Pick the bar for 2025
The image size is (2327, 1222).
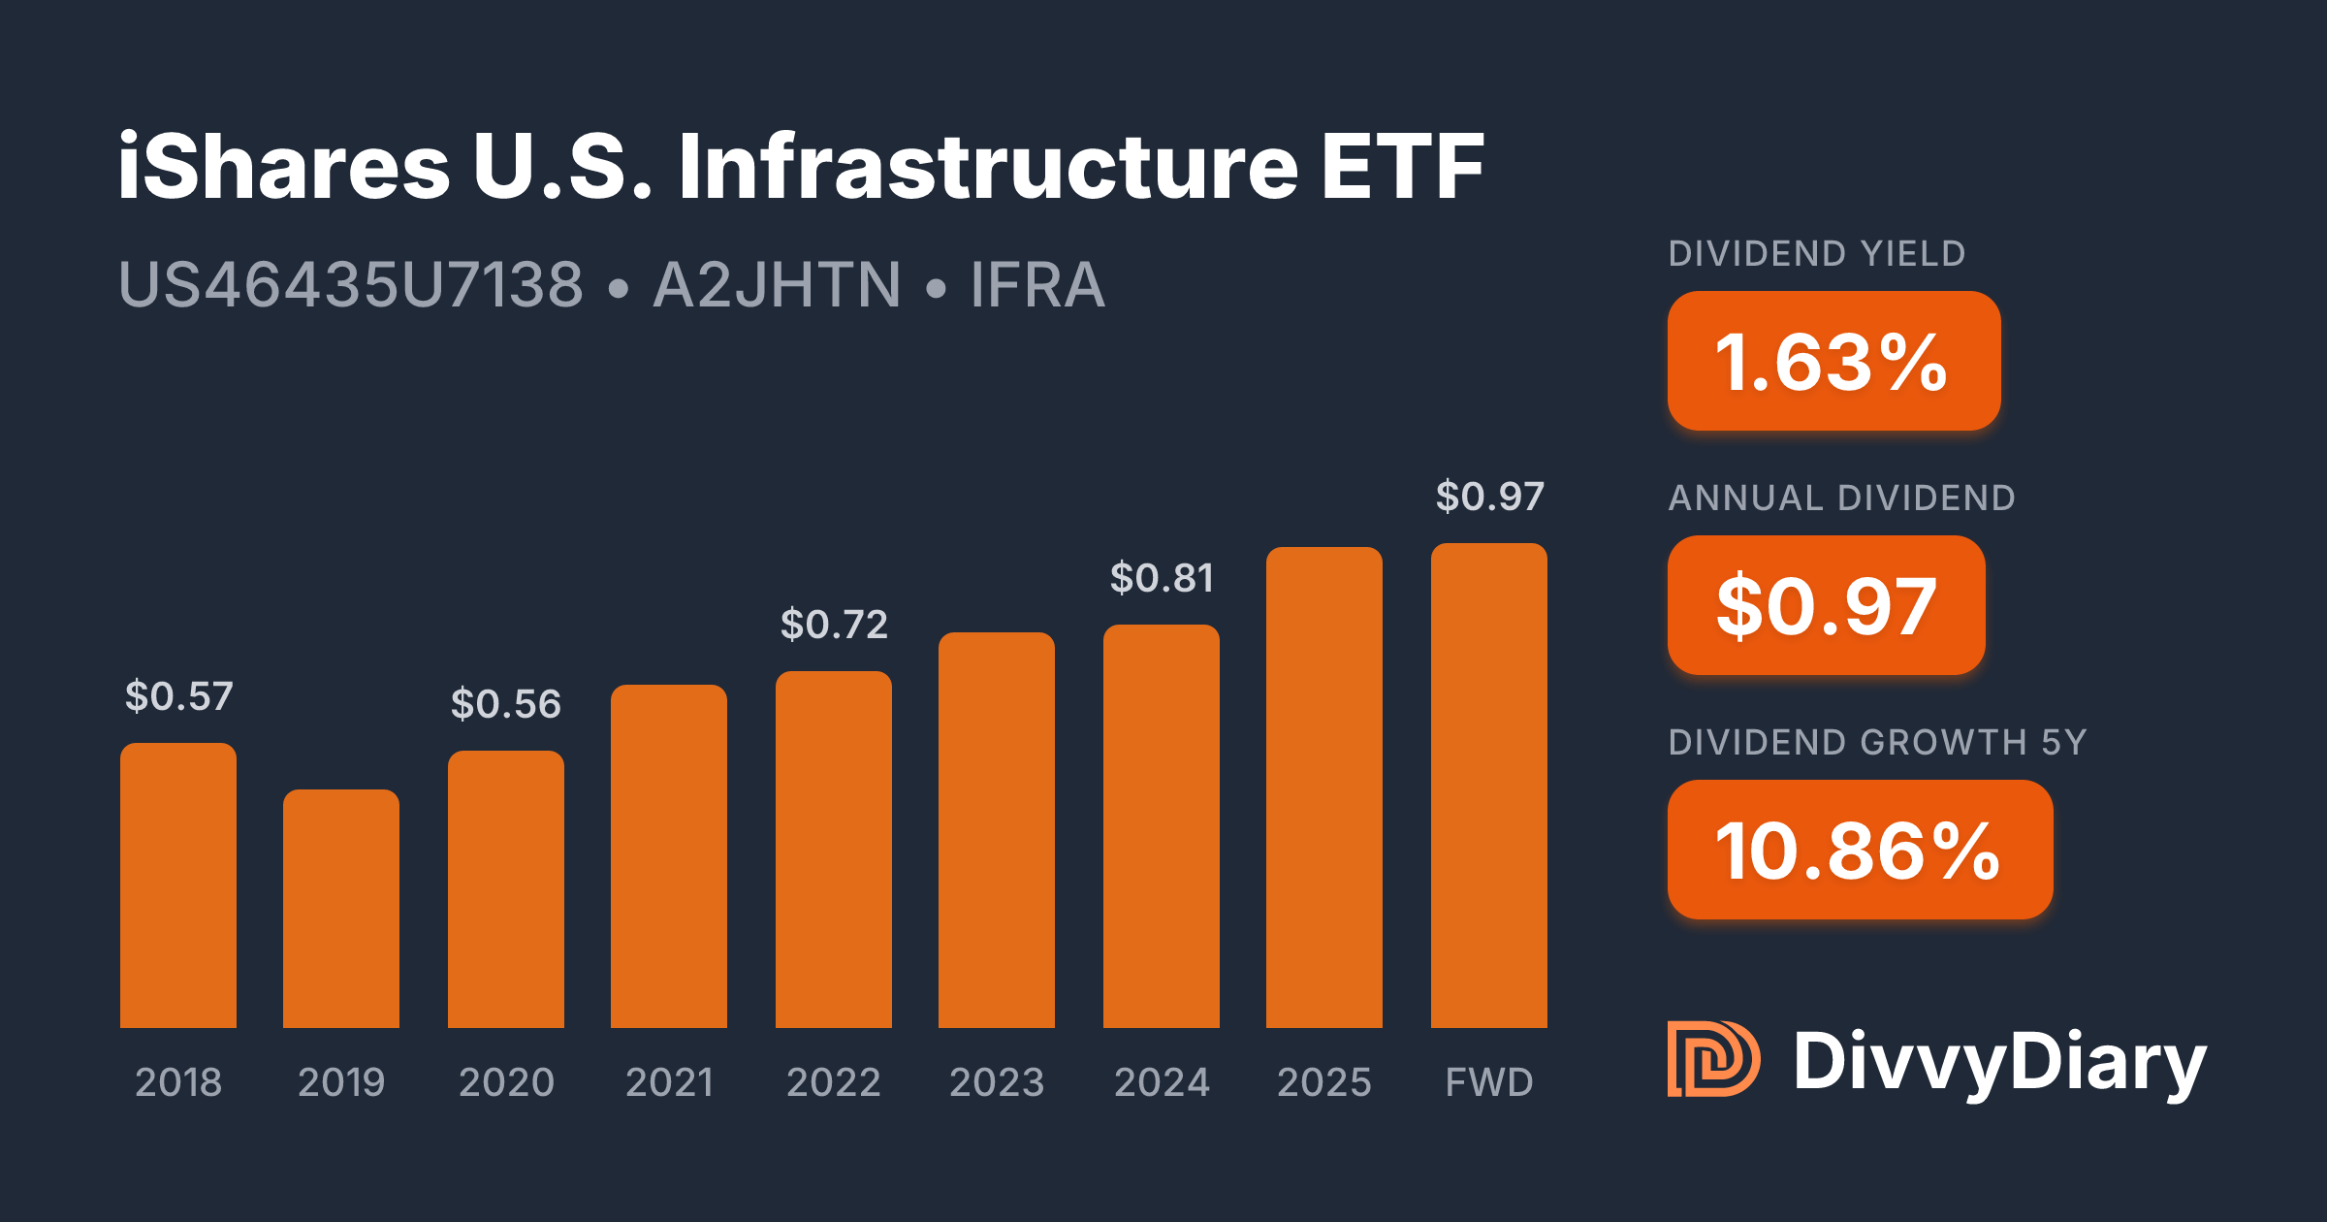coord(1324,788)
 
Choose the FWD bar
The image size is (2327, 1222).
coord(1489,786)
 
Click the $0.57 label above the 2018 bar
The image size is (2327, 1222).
coord(179,696)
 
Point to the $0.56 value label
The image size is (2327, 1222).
coord(506,704)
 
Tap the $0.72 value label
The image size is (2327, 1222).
coord(834,625)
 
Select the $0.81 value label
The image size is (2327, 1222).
coord(1162,578)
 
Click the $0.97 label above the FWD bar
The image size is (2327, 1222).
coord(1489,497)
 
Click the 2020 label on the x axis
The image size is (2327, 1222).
coord(506,1082)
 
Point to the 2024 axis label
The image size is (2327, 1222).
coord(1162,1082)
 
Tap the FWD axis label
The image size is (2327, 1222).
coord(1489,1082)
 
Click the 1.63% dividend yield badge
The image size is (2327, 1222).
coord(1833,361)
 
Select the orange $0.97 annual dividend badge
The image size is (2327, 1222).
coord(1826,605)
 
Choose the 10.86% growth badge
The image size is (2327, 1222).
coord(1859,850)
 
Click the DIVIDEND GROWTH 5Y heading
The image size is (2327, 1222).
coord(1877,743)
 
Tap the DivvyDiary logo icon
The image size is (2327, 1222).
coord(1713,1059)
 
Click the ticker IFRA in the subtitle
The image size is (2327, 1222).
coord(1037,285)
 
